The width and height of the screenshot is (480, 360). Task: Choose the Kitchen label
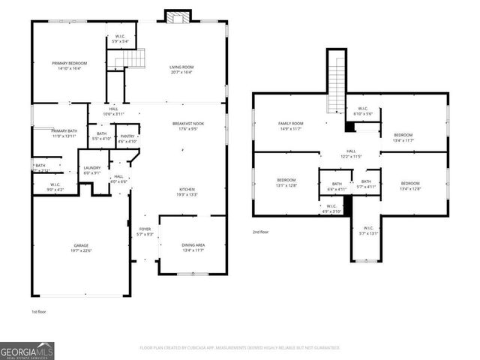tap(187, 191)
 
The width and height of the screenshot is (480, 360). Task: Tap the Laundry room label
tap(92, 170)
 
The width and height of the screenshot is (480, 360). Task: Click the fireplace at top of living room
tap(178, 16)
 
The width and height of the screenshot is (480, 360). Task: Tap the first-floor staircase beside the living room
tap(133, 58)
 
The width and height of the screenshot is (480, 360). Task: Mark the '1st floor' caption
tap(40, 311)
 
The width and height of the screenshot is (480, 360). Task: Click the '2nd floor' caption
tap(260, 232)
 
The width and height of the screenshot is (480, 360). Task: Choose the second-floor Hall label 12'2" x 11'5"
tap(350, 154)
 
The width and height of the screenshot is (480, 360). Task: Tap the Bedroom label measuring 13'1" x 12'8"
tap(286, 182)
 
